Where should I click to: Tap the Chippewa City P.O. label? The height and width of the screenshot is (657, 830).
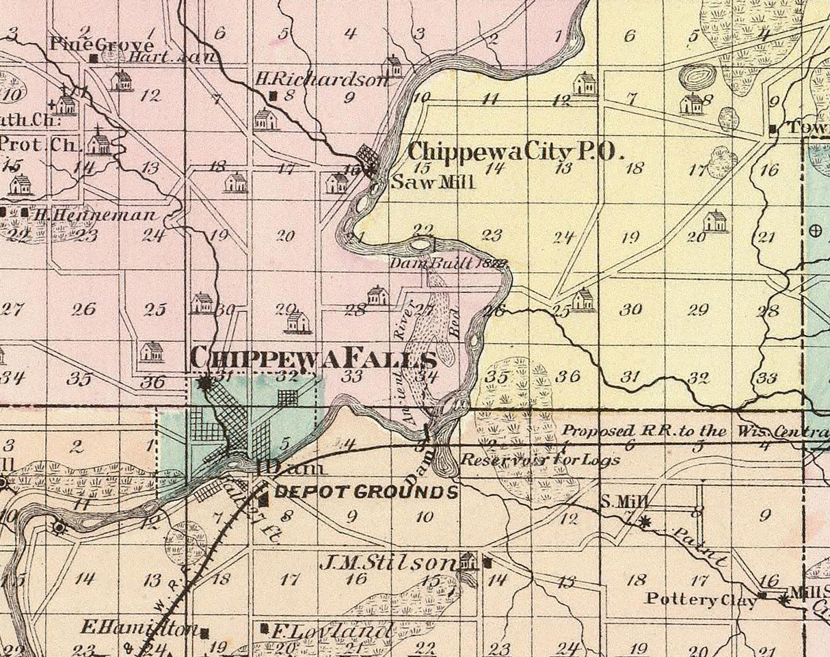[516, 151]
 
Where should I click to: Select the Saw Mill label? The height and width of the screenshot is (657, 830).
[432, 183]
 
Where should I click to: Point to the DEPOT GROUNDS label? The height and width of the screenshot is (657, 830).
[366, 492]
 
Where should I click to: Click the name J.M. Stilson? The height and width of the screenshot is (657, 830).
[388, 563]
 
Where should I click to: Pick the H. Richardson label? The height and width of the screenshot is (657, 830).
[321, 80]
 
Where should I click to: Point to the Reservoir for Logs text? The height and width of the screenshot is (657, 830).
[541, 459]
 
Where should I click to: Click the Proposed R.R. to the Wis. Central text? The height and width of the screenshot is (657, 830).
[694, 431]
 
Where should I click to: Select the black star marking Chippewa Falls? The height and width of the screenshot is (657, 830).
[204, 384]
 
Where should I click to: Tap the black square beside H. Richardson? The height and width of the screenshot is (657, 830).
[273, 96]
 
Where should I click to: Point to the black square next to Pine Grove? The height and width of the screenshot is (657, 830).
[94, 58]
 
